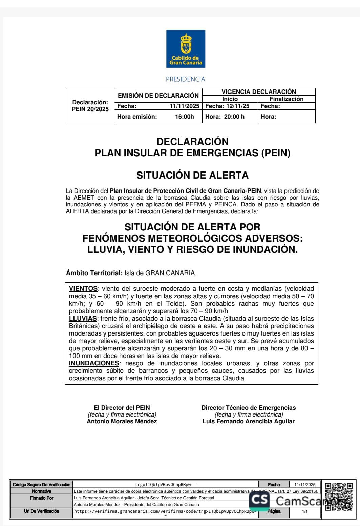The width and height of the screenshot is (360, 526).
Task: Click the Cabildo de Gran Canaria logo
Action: click(186, 49)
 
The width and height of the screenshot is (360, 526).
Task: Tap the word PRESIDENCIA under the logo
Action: click(186, 79)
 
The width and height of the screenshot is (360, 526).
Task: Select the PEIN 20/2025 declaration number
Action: click(90, 109)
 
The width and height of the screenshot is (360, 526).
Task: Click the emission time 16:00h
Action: click(185, 117)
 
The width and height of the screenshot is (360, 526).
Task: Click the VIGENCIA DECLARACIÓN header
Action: click(259, 92)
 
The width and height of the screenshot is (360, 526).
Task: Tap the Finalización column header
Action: click(286, 99)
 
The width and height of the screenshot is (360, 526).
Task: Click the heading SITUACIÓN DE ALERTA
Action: click(192, 175)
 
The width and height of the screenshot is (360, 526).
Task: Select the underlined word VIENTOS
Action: click(83, 289)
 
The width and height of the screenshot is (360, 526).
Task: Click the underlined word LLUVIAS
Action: click(83, 319)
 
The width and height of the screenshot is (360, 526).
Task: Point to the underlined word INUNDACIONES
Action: click(94, 363)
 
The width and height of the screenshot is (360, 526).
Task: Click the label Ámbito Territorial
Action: click(94, 273)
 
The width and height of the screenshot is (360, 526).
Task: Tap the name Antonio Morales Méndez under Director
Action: click(122, 421)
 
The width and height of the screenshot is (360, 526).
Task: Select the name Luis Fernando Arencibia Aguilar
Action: click(249, 421)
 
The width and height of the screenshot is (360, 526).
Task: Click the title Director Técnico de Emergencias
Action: click(249, 408)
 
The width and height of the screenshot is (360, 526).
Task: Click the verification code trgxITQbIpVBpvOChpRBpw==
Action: click(165, 485)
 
